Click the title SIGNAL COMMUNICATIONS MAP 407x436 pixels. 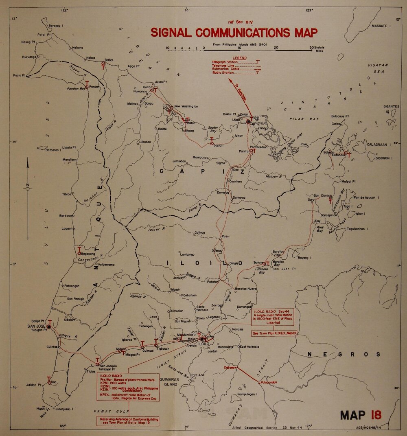(234, 33)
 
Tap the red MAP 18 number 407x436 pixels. (361, 415)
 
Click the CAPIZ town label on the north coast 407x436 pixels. (255, 123)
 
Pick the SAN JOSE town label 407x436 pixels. (36, 326)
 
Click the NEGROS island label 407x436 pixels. (344, 355)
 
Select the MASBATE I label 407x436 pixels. (381, 26)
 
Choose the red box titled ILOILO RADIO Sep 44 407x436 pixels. (275, 318)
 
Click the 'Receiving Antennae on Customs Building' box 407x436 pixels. (127, 421)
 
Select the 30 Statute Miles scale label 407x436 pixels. (317, 49)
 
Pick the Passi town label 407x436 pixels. (226, 237)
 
